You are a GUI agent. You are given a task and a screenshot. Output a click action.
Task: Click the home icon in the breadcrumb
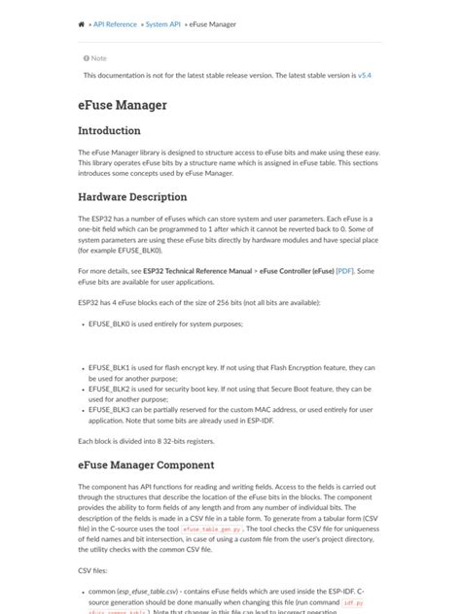(81, 23)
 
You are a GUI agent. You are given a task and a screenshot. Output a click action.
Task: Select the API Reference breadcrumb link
(115, 23)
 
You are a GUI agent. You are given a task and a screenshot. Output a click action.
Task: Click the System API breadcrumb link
(162, 23)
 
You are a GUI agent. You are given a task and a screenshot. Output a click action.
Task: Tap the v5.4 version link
(365, 75)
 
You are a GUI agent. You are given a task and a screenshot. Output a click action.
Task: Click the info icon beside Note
(87, 58)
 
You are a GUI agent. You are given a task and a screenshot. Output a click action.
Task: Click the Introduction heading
(109, 130)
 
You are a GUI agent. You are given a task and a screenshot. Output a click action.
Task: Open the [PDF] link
(344, 271)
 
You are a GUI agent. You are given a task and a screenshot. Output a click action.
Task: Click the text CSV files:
(95, 572)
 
